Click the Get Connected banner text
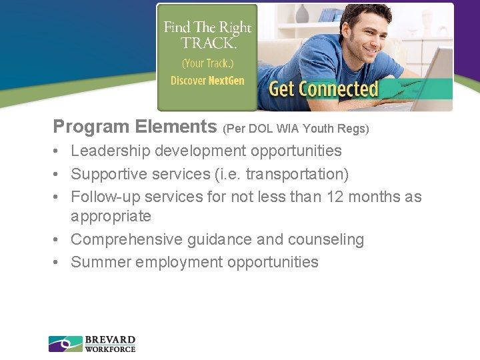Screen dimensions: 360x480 pyautogui.click(x=323, y=89)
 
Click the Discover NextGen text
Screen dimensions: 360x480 pyautogui.click(x=207, y=81)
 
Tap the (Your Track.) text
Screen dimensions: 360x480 pyautogui.click(x=207, y=64)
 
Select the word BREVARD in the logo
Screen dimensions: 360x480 pyautogui.click(x=110, y=340)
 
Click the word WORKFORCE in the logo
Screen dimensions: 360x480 pyautogui.click(x=110, y=349)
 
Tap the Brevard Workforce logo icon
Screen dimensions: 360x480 pyautogui.click(x=65, y=344)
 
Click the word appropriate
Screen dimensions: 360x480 pyautogui.click(x=111, y=217)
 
